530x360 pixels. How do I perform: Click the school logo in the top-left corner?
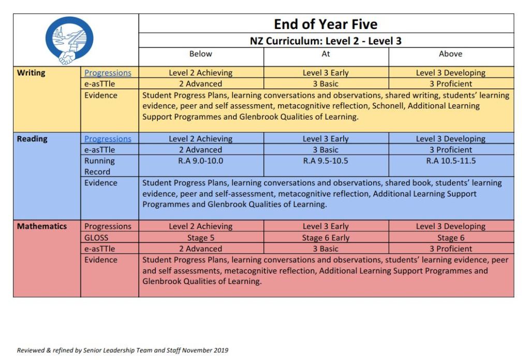tap(69, 40)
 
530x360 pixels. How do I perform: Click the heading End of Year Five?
tap(326, 24)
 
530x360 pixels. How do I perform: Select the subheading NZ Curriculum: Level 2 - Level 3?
tap(326, 41)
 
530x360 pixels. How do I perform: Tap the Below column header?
tap(201, 54)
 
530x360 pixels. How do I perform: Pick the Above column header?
tap(450, 54)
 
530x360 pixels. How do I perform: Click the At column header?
tap(326, 54)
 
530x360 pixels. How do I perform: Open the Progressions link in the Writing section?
tap(108, 73)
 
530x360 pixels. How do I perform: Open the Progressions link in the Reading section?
tap(108, 139)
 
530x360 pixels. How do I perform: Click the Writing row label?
tap(31, 73)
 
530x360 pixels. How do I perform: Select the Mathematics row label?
tap(42, 226)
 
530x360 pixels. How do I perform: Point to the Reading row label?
tap(32, 139)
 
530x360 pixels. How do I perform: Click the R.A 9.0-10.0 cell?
tap(201, 161)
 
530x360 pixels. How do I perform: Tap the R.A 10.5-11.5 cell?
tap(450, 161)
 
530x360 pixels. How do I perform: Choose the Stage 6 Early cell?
tap(326, 238)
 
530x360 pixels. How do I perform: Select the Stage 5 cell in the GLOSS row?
tap(201, 238)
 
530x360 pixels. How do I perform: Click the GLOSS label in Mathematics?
tap(96, 238)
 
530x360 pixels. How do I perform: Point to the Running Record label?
tap(99, 166)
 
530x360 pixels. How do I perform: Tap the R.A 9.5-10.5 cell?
tap(326, 161)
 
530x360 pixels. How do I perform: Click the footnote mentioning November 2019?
tap(122, 350)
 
